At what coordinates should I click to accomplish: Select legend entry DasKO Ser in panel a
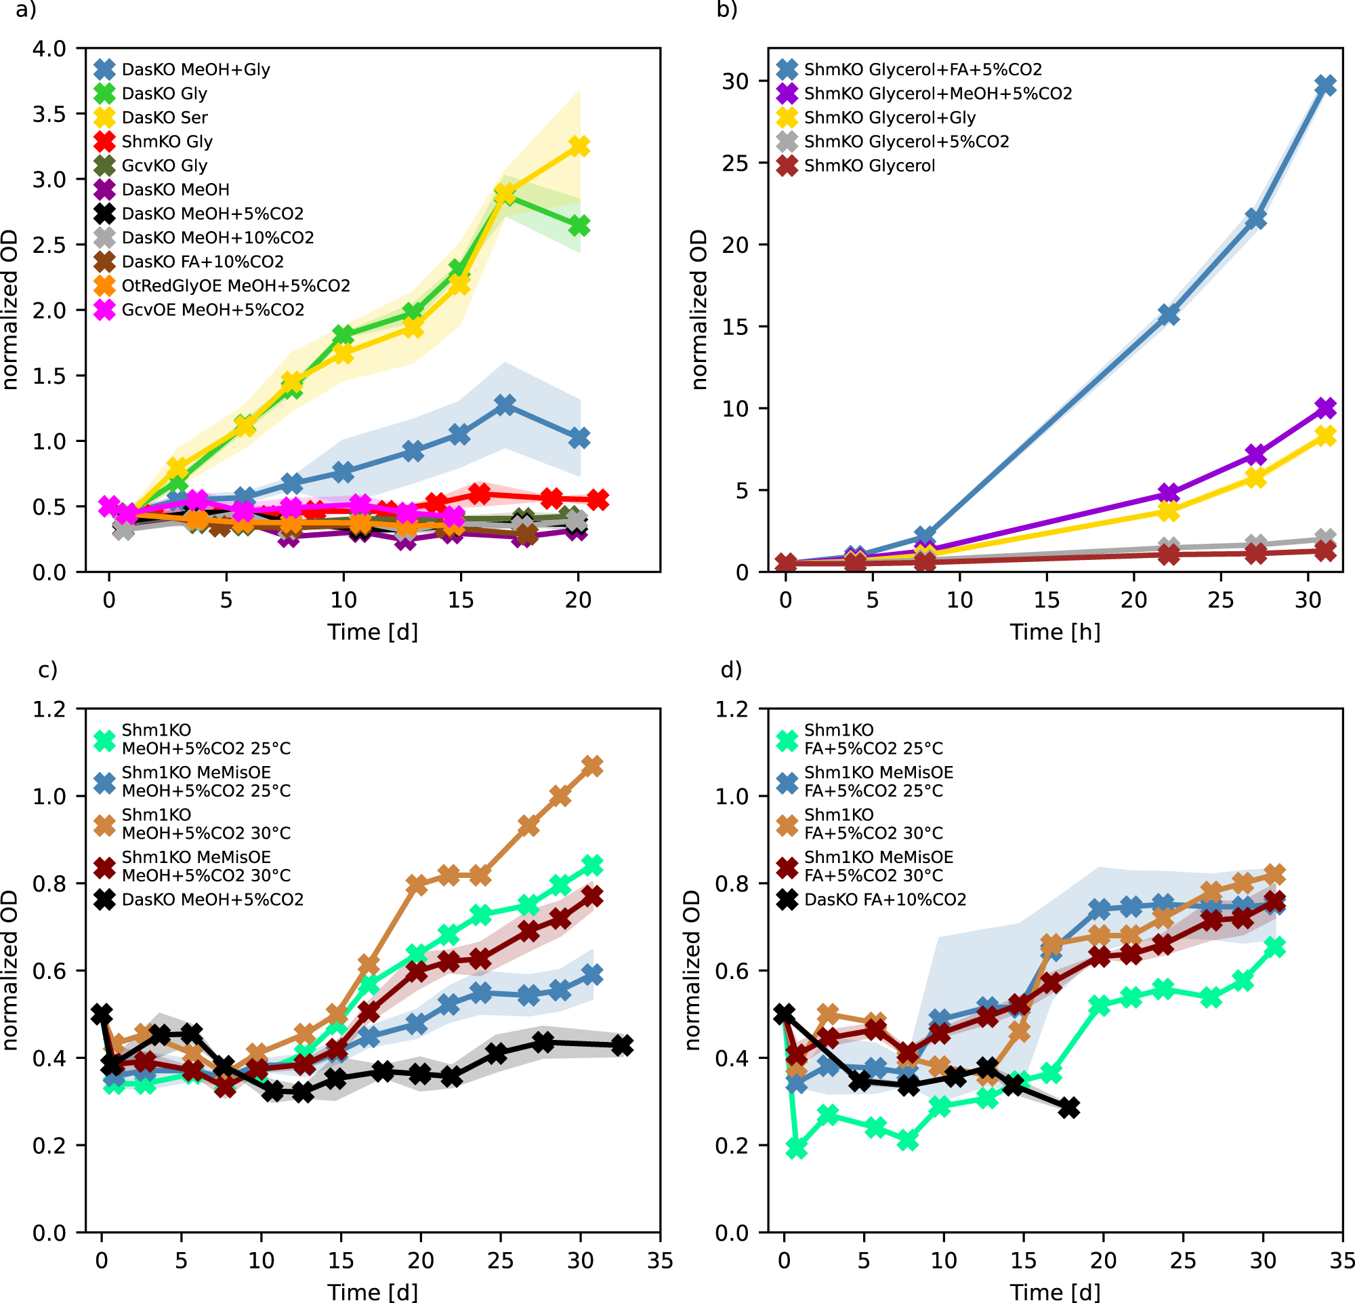pyautogui.click(x=165, y=117)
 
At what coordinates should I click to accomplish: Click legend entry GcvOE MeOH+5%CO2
pyautogui.click(x=213, y=310)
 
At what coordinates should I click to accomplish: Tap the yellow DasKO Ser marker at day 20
pyautogui.click(x=579, y=146)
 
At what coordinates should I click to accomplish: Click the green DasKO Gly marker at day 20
pyautogui.click(x=579, y=226)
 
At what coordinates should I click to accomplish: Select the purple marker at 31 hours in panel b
pyautogui.click(x=1325, y=408)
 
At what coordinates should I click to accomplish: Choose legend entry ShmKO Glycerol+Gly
pyautogui.click(x=890, y=117)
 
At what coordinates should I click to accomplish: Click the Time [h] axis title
pyautogui.click(x=1055, y=631)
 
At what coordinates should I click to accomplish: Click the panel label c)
pyautogui.click(x=47, y=670)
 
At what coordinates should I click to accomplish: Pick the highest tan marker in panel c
pyautogui.click(x=592, y=765)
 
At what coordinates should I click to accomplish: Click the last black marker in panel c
pyautogui.click(x=622, y=1045)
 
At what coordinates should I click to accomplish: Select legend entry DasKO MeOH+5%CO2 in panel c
pyautogui.click(x=212, y=900)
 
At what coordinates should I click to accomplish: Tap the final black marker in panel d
pyautogui.click(x=1069, y=1108)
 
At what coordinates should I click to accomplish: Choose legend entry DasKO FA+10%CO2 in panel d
pyautogui.click(x=885, y=900)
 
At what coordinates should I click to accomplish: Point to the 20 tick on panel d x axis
pyautogui.click(x=1104, y=1260)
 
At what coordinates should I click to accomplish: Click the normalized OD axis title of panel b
pyautogui.click(x=699, y=310)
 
